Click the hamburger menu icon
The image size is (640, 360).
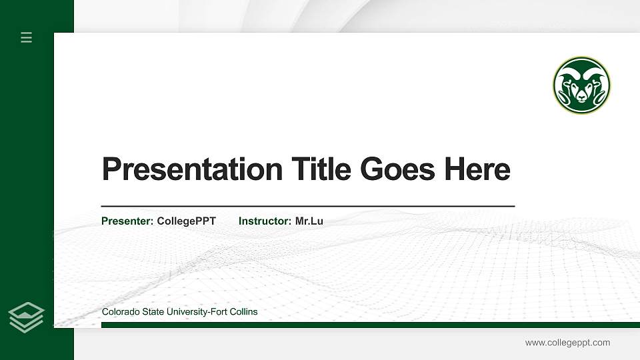[27, 37]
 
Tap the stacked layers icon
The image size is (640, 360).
[26, 317]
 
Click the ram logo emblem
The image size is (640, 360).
[581, 85]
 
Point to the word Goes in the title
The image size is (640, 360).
[397, 169]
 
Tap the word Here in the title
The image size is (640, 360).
[477, 169]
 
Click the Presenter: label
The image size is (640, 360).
[127, 221]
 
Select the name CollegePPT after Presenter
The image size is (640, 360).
[186, 221]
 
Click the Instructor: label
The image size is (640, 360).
[265, 221]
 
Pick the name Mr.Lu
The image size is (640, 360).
[309, 221]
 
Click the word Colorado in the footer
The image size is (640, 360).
[120, 311]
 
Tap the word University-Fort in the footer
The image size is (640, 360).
[189, 311]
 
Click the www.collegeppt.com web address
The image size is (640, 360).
[567, 343]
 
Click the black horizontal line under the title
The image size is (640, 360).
[307, 207]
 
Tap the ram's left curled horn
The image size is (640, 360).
[565, 90]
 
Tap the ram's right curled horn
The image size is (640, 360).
[599, 90]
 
